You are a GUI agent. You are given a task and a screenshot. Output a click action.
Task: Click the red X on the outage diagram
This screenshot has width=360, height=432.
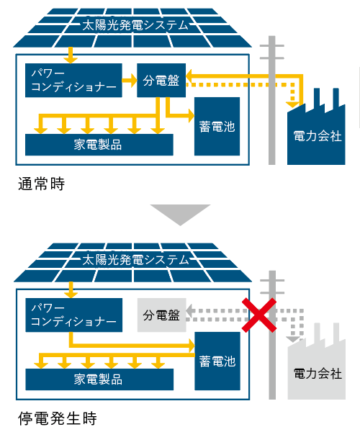click(x=259, y=315)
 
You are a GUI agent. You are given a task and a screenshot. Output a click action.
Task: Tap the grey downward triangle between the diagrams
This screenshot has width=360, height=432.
click(x=180, y=214)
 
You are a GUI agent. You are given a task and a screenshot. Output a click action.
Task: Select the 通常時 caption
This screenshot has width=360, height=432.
click(x=41, y=184)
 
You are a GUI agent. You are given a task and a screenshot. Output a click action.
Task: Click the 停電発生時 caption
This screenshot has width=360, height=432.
click(x=58, y=418)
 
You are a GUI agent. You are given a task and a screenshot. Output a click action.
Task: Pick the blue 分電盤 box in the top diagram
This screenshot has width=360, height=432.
click(x=161, y=80)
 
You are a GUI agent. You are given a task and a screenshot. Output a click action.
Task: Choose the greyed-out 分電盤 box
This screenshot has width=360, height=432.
click(x=162, y=315)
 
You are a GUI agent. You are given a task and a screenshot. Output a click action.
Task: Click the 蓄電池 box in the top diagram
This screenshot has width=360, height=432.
click(x=217, y=126)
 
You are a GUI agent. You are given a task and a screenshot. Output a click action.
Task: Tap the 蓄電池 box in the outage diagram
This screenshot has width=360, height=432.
click(x=217, y=361)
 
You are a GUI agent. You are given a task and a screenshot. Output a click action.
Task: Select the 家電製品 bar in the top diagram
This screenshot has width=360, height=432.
click(x=99, y=145)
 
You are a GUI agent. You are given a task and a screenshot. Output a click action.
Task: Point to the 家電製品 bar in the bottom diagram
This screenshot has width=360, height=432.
click(x=99, y=379)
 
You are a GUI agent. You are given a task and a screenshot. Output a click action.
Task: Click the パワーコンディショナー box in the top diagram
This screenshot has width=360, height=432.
click(x=73, y=80)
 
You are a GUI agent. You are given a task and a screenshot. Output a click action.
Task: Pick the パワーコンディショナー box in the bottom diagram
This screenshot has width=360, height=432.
click(x=74, y=315)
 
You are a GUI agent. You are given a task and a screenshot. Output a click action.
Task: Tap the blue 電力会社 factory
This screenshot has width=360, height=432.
click(x=316, y=132)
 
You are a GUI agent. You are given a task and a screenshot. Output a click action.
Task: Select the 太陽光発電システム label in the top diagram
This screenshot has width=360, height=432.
click(x=135, y=25)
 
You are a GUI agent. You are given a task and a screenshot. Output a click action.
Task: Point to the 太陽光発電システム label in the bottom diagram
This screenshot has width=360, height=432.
click(x=135, y=260)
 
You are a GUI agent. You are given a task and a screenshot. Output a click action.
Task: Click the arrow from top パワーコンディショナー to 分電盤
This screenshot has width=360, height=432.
click(x=130, y=81)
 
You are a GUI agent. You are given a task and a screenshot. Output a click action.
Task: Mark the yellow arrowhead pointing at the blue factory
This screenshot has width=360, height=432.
click(x=292, y=104)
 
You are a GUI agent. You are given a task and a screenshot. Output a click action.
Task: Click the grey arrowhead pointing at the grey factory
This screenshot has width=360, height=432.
click(x=293, y=339)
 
